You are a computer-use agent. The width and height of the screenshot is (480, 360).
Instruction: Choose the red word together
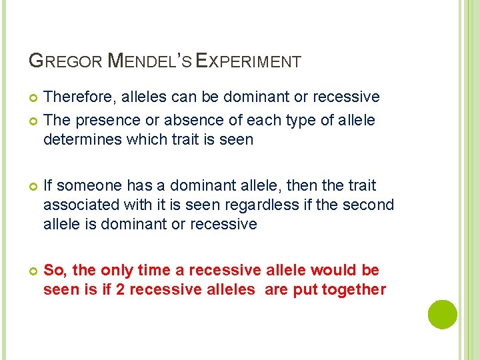353,290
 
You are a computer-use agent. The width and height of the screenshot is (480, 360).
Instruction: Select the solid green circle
443,314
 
